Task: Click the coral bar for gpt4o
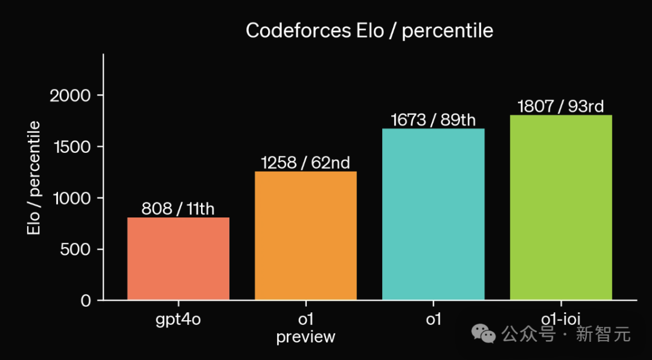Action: click(178, 259)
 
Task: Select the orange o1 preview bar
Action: click(305, 236)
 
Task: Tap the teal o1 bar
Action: click(433, 214)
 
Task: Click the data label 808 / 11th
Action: click(178, 209)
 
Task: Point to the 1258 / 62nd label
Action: click(305, 163)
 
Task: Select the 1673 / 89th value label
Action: click(433, 120)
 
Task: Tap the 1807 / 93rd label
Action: click(561, 106)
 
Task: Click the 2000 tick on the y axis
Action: click(70, 95)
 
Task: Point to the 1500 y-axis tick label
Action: click(71, 147)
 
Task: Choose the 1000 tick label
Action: click(71, 198)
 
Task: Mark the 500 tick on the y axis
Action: click(75, 249)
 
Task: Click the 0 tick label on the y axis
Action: click(86, 301)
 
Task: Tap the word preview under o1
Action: click(305, 337)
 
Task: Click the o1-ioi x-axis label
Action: click(561, 318)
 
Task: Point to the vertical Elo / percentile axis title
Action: click(34, 178)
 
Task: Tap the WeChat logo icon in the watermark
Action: click(485, 333)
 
